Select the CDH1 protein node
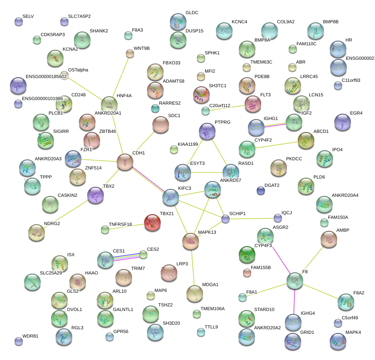[x=125, y=162]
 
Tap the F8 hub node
[x=294, y=281]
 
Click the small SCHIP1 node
[x=225, y=219]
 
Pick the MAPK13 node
[x=191, y=241]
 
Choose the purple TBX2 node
[x=96, y=195]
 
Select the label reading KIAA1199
[x=188, y=144]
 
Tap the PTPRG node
[x=207, y=131]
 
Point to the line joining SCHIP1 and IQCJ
[x=251, y=218]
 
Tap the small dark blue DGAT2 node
[x=261, y=191]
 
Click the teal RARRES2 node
[x=155, y=109]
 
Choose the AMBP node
[x=328, y=239]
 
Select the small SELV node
[x=18, y=22]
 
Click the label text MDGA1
[x=210, y=285]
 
